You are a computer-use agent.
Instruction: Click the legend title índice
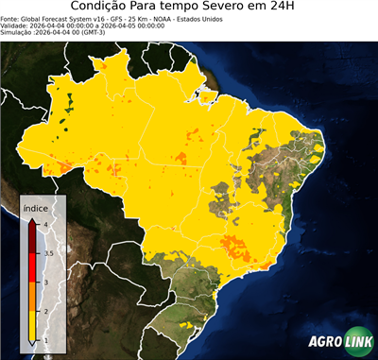click(x=36, y=210)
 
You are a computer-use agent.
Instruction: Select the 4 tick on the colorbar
click(x=44, y=224)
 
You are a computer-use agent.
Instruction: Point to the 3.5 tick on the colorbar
click(x=47, y=253)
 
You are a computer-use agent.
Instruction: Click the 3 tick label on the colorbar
click(x=44, y=283)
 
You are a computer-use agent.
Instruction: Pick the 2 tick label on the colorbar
click(x=44, y=311)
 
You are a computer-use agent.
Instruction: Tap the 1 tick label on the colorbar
click(x=44, y=340)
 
